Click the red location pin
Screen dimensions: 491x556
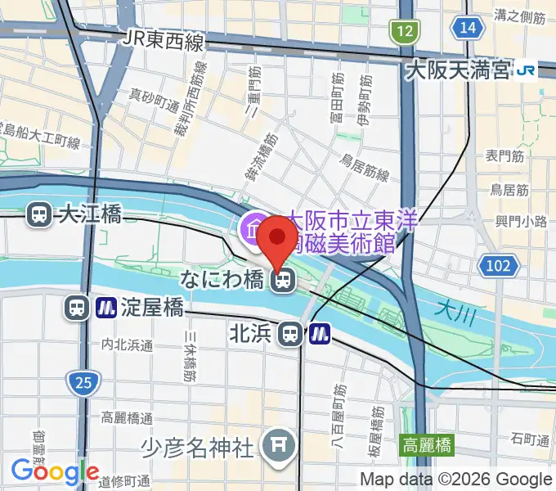click(x=279, y=239)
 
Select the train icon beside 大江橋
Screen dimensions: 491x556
click(x=38, y=215)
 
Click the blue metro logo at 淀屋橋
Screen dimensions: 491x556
click(x=105, y=308)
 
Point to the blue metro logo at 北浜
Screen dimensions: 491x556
click(x=319, y=333)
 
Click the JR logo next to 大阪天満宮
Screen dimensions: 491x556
click(x=525, y=71)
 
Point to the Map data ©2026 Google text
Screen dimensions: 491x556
click(x=456, y=479)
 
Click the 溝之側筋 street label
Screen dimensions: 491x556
click(x=520, y=16)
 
